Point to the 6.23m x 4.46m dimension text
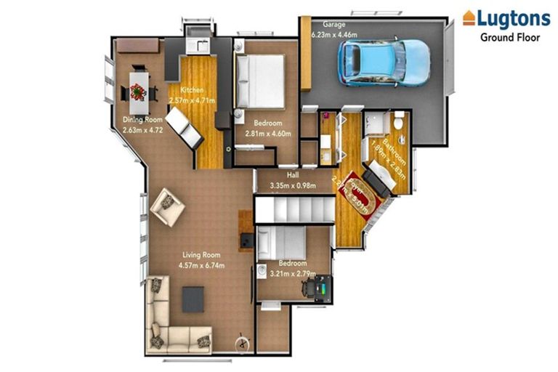pos(334,33)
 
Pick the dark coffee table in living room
pos(193,299)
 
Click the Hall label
pos(293,174)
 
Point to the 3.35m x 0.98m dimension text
pos(293,185)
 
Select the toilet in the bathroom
pos(397,119)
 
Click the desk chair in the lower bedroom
pos(314,289)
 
